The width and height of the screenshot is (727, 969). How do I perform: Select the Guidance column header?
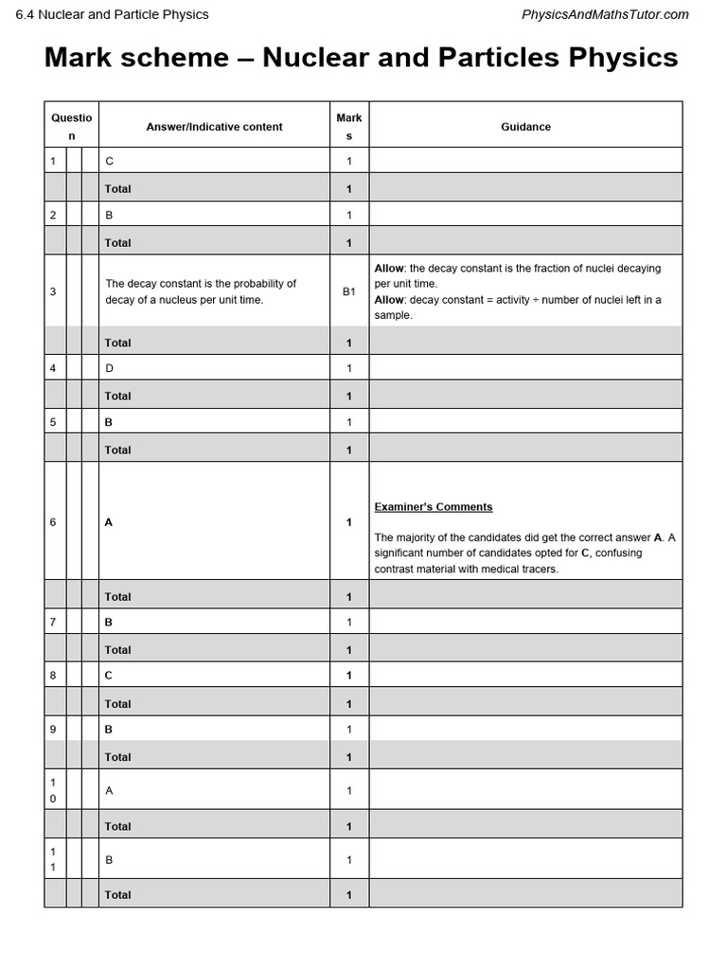tap(525, 127)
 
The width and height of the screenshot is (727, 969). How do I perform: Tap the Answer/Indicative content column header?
tap(214, 127)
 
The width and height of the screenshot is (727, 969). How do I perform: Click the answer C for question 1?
tap(109, 162)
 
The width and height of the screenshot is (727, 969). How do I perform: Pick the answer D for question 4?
tap(109, 368)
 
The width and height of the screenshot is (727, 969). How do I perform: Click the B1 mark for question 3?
tap(348, 291)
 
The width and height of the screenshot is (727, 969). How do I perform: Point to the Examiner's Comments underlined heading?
tap(434, 507)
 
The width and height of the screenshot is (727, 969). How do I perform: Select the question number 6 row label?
tap(53, 522)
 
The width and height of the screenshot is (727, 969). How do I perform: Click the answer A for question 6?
tap(109, 522)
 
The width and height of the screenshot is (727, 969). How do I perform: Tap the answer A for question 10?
tap(109, 791)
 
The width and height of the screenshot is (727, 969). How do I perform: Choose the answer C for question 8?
tap(109, 676)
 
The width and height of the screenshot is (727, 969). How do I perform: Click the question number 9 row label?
tap(53, 730)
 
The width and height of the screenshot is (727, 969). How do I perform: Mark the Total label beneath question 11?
tap(118, 895)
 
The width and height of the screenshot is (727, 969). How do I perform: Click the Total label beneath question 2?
tap(118, 243)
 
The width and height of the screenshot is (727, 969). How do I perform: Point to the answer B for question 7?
tap(109, 623)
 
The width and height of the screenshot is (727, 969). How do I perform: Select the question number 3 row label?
tap(53, 291)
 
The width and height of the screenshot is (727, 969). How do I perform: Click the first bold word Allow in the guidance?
tap(389, 269)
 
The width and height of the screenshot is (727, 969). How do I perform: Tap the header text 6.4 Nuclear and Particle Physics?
tap(112, 14)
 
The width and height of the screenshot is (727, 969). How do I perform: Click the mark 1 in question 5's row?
tap(348, 422)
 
